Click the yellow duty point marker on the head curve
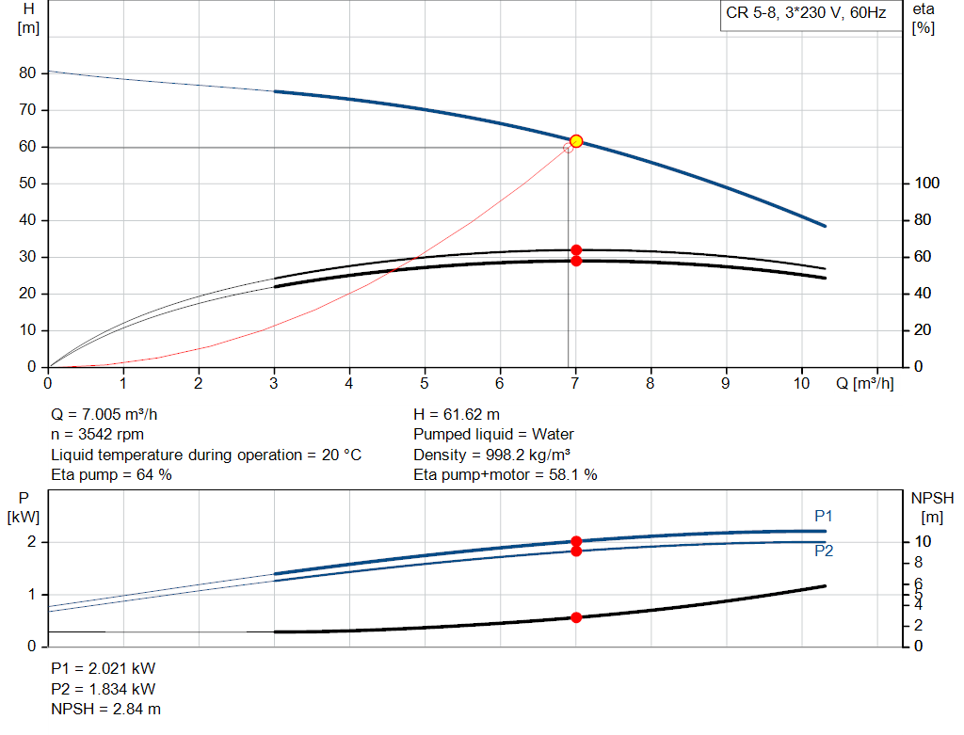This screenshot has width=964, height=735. point(576,141)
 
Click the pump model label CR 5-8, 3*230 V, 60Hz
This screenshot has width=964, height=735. point(806,13)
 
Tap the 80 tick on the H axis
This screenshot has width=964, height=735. point(27,73)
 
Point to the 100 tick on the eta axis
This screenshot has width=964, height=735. point(925,184)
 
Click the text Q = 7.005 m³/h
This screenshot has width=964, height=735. point(110,414)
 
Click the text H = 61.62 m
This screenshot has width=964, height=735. point(457,414)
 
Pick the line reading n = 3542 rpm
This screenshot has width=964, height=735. point(98,435)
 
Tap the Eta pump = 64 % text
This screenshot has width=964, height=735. point(111,475)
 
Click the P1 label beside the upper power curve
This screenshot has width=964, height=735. point(824,516)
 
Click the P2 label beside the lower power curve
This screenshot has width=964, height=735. point(824,551)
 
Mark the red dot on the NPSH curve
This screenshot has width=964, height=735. point(576,617)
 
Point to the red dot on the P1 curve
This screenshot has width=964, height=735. point(576,541)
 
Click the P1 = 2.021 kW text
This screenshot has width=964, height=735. point(103,668)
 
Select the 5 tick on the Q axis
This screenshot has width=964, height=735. point(425,384)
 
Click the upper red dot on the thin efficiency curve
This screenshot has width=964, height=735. point(576,250)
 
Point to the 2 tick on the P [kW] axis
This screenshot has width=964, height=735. point(32,542)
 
